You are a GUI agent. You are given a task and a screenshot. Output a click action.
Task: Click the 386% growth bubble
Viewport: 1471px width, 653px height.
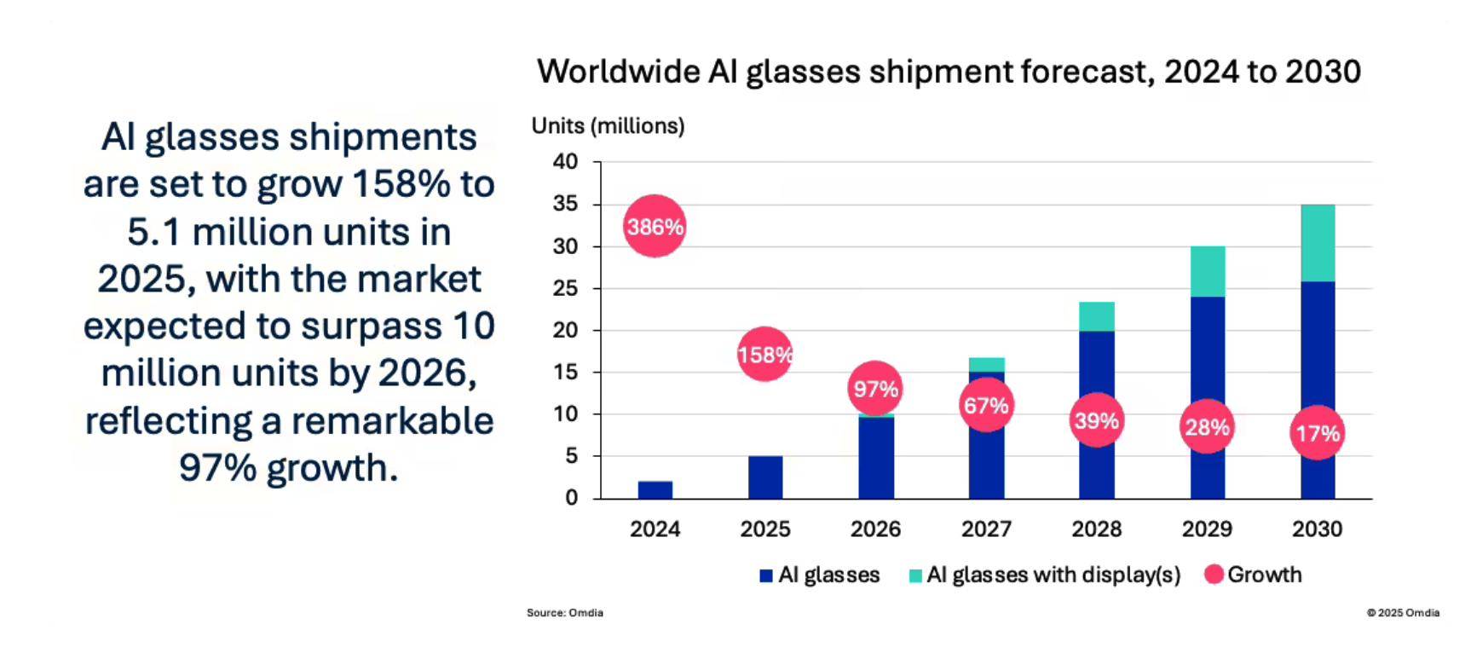(x=655, y=226)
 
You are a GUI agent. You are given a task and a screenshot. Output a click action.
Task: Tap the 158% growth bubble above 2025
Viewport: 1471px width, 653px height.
(x=764, y=354)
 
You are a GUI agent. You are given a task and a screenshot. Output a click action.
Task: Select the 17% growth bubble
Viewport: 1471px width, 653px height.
(x=1318, y=433)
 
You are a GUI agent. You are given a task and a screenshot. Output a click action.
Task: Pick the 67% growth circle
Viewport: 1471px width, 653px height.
(x=986, y=406)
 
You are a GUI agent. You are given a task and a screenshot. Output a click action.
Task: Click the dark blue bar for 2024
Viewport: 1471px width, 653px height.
(x=655, y=489)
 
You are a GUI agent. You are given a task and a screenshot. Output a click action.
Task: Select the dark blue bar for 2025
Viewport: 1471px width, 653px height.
(x=764, y=477)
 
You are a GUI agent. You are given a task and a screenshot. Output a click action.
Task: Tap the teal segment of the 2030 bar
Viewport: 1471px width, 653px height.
(x=1318, y=243)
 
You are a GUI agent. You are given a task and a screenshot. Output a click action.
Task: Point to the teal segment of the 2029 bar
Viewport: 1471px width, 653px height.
(x=1207, y=271)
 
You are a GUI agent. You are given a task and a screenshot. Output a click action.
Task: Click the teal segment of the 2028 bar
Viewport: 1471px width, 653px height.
(x=1096, y=316)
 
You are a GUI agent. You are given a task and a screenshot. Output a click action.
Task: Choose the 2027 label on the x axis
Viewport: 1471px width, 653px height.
(x=986, y=529)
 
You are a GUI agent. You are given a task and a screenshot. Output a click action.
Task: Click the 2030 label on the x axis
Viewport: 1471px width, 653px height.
(x=1317, y=529)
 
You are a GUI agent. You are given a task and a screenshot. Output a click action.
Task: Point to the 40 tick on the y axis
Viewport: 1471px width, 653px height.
(x=565, y=161)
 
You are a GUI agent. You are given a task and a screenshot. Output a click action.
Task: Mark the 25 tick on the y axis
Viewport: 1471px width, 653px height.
(x=565, y=288)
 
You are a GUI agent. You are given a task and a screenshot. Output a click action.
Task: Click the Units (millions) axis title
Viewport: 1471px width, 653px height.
(x=608, y=126)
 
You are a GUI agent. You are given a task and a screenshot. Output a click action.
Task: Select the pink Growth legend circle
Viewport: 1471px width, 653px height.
(x=1214, y=575)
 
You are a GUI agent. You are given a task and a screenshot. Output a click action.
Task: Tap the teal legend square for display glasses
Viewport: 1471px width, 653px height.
(x=915, y=576)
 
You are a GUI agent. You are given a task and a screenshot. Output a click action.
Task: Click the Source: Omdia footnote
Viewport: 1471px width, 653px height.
(x=564, y=612)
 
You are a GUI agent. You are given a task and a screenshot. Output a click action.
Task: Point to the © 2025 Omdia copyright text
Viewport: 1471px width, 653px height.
(x=1403, y=612)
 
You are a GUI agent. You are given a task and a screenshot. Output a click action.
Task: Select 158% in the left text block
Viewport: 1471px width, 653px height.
(x=400, y=184)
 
